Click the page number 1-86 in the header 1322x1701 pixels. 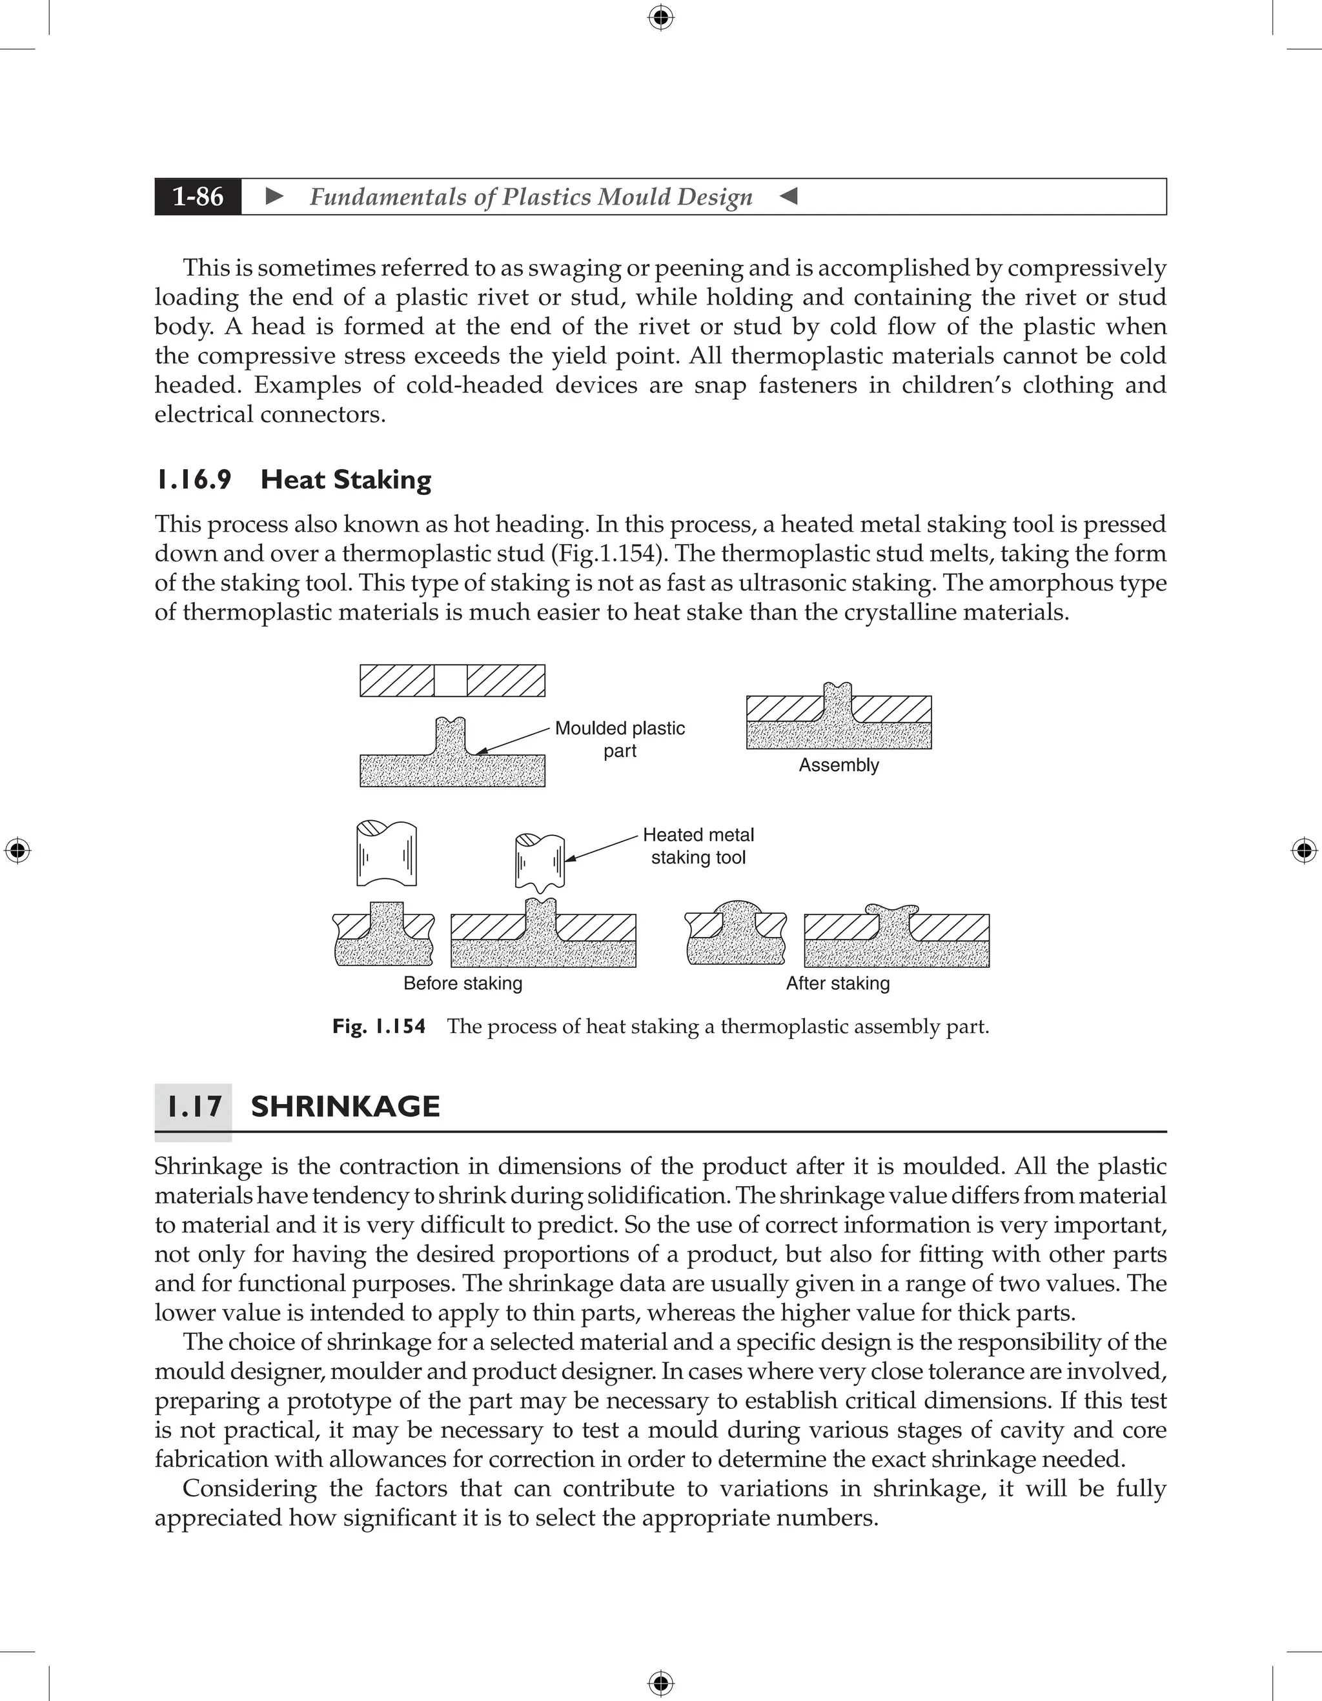tap(198, 196)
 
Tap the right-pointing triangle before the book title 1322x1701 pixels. tap(274, 196)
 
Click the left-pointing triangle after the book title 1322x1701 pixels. tap(788, 196)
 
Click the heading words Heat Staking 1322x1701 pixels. tap(346, 479)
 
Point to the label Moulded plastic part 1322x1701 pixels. tap(619, 739)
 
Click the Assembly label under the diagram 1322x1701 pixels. tap(839, 765)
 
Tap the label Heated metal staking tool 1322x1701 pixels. tap(698, 846)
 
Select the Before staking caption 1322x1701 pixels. tap(463, 983)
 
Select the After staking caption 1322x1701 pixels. tap(837, 983)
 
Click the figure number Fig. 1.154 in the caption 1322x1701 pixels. tap(379, 1027)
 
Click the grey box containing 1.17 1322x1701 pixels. tap(193, 1107)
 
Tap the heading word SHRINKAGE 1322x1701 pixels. tap(345, 1107)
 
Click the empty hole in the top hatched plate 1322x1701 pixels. tap(451, 681)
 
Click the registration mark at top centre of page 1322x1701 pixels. tap(660, 17)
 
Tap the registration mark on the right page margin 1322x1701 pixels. tap(1304, 850)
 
